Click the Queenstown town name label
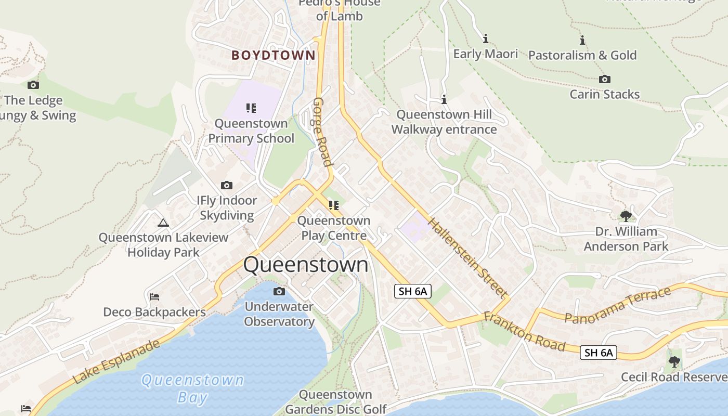click(x=306, y=265)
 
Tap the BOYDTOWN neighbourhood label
click(x=274, y=55)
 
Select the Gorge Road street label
click(x=322, y=132)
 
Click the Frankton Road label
click(x=524, y=331)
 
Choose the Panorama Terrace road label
click(x=618, y=305)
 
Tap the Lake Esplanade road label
click(x=116, y=362)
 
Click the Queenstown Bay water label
click(x=192, y=388)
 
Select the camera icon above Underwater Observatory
click(x=279, y=291)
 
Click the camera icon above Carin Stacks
click(x=604, y=80)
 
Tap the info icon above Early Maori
click(x=486, y=38)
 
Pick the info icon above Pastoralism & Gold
click(x=582, y=40)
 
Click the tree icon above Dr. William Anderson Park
click(x=626, y=216)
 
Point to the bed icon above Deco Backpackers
click(x=154, y=297)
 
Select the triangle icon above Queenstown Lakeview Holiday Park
click(x=163, y=223)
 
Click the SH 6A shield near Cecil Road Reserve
click(x=598, y=353)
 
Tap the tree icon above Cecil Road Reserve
click(x=674, y=361)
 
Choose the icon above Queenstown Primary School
click(x=251, y=108)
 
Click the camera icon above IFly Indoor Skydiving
click(x=227, y=186)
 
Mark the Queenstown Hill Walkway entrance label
click(x=444, y=122)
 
